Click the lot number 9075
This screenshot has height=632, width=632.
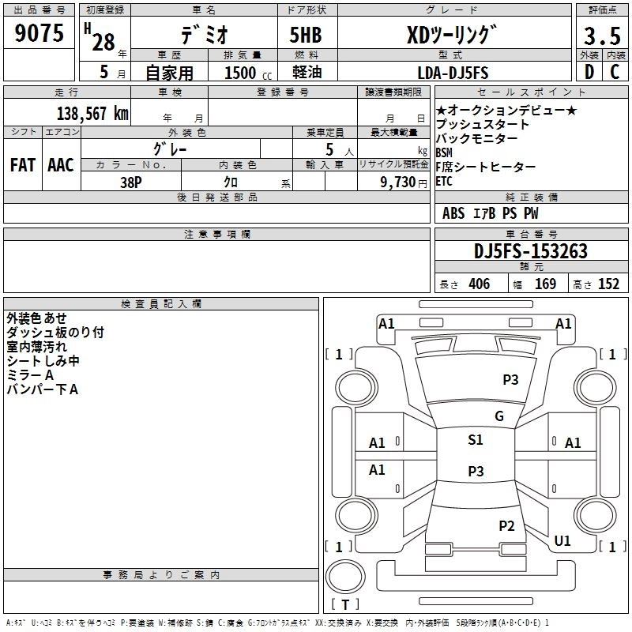tap(39, 33)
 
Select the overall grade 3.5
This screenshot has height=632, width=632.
tap(602, 36)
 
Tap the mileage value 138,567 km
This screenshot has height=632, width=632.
tap(92, 114)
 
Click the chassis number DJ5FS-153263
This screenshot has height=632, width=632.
tap(531, 251)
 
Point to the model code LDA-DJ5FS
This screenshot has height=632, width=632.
tap(453, 73)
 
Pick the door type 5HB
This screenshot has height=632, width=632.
tap(306, 35)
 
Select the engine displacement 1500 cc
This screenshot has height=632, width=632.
tap(248, 73)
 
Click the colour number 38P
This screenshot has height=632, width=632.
tap(131, 182)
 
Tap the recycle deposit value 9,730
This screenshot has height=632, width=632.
tap(397, 182)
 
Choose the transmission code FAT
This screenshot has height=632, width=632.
tap(23, 165)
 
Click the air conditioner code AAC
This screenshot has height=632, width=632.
tap(61, 165)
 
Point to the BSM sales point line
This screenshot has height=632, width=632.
tap(444, 152)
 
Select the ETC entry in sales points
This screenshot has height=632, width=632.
tap(444, 182)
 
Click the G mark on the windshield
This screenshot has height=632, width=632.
tap(499, 416)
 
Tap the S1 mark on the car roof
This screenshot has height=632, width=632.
tap(476, 440)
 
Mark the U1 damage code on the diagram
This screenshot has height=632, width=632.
tap(562, 541)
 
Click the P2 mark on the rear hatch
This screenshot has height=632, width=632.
tap(506, 526)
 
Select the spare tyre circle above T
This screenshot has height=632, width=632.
tap(345, 577)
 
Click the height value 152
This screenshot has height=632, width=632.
tap(608, 284)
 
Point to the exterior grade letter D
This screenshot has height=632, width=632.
tap(589, 72)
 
